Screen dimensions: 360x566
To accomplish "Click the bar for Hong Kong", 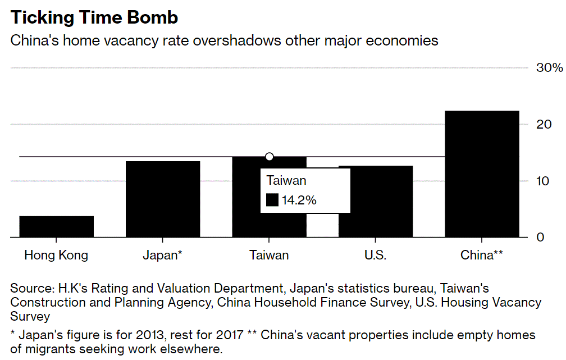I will [x=57, y=227].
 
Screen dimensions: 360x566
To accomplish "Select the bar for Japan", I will [x=163, y=199].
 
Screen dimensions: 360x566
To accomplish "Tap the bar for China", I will [x=482, y=174].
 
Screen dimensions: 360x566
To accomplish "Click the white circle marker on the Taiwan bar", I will [x=269, y=157].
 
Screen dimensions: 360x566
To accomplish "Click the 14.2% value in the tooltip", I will [x=299, y=200].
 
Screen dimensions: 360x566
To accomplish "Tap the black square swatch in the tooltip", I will [x=272, y=200].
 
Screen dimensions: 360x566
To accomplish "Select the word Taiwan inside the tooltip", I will [x=286, y=181].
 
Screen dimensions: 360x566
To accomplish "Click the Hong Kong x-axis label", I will [x=56, y=255].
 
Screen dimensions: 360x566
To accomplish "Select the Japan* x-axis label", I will [x=162, y=255].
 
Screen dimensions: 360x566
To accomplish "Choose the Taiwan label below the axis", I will [x=269, y=255].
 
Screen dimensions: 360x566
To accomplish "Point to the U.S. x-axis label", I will [x=375, y=255].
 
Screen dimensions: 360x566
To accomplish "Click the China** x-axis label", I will [x=481, y=255].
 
